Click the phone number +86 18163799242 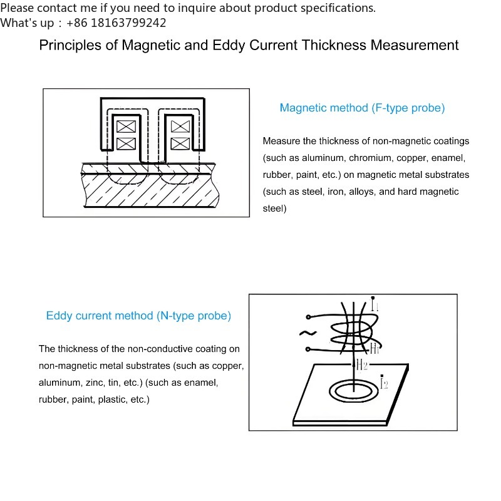coord(116,23)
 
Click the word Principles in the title coord(70,45)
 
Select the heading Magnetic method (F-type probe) coord(363,108)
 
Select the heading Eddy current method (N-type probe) coord(138,316)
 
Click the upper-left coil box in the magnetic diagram coord(126,127)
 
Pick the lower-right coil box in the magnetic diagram coord(180,143)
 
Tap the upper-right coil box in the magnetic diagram coord(180,127)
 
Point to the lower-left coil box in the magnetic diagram coord(126,143)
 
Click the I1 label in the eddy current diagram coord(374,304)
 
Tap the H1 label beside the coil coord(374,349)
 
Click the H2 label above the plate coord(362,364)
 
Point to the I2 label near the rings coord(384,382)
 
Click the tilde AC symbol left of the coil coord(308,333)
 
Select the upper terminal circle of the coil coord(308,317)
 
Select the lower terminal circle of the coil coord(308,349)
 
